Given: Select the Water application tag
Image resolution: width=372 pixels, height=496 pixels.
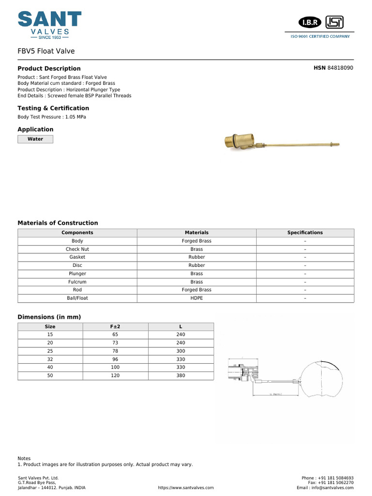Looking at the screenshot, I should [x=35, y=139].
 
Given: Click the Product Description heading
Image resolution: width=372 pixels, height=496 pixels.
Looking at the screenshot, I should [x=49, y=69].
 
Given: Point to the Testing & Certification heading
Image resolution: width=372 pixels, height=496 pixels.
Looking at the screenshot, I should [x=53, y=108].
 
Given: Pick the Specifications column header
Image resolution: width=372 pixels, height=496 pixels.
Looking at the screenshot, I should [x=305, y=232].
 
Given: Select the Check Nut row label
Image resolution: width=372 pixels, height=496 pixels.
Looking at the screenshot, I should [x=77, y=249].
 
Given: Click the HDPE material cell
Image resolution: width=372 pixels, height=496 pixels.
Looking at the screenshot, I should [x=197, y=298].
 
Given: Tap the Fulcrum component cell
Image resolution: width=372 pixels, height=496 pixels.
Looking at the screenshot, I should [x=77, y=281].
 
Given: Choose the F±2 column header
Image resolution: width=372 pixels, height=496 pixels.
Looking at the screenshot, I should [x=115, y=326].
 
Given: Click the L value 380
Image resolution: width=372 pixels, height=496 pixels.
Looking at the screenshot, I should [x=181, y=375].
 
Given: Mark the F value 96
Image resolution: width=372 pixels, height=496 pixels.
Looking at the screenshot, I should [x=115, y=359].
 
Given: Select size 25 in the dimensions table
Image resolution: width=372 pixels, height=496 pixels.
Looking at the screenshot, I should [x=50, y=351].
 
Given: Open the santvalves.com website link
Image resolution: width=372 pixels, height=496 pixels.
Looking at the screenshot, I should [x=186, y=488].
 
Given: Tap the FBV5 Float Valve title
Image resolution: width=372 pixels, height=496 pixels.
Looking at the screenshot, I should [x=46, y=51].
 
